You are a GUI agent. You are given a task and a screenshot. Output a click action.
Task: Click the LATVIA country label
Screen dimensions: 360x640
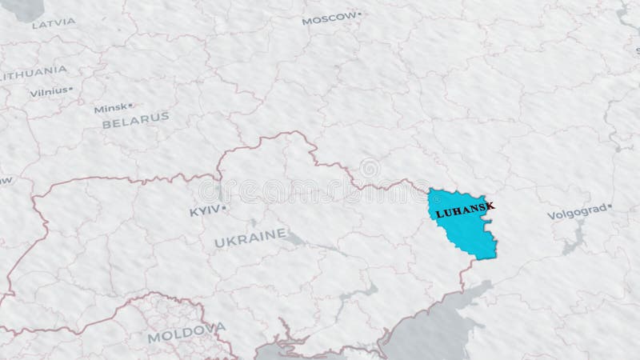point(54,23)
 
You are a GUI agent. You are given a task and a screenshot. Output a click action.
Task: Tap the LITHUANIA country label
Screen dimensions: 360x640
point(34,71)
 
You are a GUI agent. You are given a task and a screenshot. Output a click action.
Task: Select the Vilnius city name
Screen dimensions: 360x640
point(48,92)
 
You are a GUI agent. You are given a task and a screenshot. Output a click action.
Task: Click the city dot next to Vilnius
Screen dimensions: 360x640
point(71,90)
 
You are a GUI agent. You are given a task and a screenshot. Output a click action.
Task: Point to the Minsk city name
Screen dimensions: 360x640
point(110,108)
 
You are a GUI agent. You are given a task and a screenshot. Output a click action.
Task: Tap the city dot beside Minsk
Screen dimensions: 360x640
point(131,105)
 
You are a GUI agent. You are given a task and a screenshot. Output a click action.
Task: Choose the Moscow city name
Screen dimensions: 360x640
point(328,18)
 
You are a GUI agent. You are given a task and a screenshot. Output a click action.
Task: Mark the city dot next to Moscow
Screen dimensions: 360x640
point(360,14)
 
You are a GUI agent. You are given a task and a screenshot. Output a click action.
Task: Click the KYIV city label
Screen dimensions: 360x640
point(204,212)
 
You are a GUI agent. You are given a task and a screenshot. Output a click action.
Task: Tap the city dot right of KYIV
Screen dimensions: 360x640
point(225,209)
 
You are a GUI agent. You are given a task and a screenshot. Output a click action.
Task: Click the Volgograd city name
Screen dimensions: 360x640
point(576,214)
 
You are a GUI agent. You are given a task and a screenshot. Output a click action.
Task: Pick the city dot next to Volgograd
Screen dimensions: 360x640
point(610,207)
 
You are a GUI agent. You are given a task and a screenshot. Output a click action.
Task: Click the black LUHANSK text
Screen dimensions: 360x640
point(464,210)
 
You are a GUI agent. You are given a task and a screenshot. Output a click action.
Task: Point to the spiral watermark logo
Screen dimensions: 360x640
point(370,169)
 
